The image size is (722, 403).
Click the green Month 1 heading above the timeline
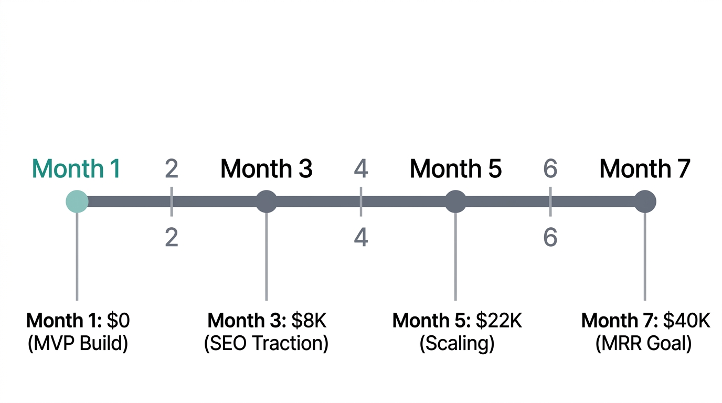pyautogui.click(x=77, y=169)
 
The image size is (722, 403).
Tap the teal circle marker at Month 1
pyautogui.click(x=77, y=201)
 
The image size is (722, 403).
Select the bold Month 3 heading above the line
pyautogui.click(x=266, y=169)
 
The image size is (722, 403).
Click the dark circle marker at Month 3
pyautogui.click(x=266, y=201)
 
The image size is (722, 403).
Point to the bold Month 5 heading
pyautogui.click(x=455, y=169)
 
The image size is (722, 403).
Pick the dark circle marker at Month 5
pyautogui.click(x=455, y=201)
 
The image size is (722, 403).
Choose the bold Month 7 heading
pyautogui.click(x=645, y=169)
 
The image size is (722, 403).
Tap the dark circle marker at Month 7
pyautogui.click(x=645, y=201)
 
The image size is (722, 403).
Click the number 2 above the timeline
pyautogui.click(x=172, y=169)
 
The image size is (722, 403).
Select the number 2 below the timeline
pyautogui.click(x=172, y=238)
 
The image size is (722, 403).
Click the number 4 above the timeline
pyautogui.click(x=361, y=169)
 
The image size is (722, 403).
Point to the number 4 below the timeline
pyautogui.click(x=361, y=238)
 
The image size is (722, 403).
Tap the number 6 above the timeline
pyautogui.click(x=550, y=169)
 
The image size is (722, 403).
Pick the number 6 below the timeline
pyautogui.click(x=550, y=238)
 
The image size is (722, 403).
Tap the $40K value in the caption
pyautogui.click(x=687, y=321)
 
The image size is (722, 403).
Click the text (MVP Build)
pyautogui.click(x=77, y=344)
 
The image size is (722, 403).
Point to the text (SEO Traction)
pyautogui.click(x=266, y=344)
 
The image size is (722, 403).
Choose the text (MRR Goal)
pyautogui.click(x=644, y=344)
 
